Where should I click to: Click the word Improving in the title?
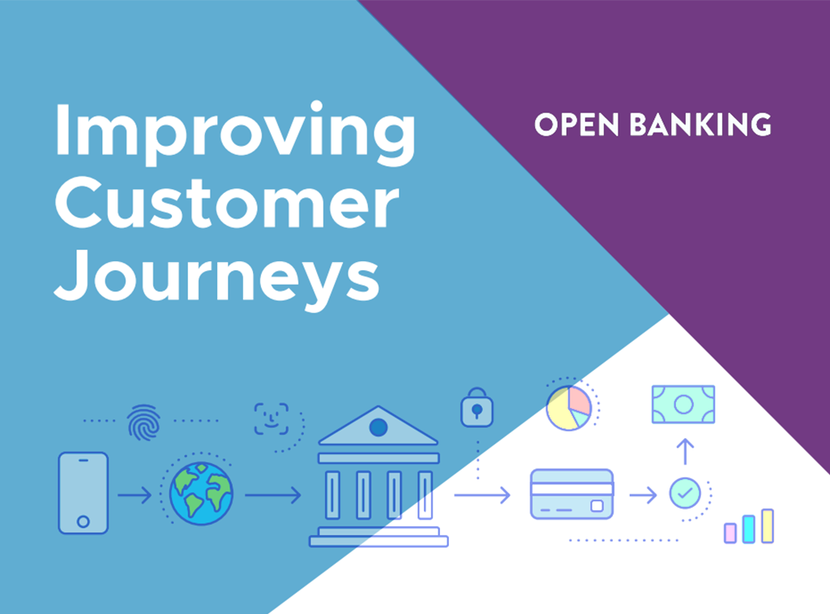(235, 133)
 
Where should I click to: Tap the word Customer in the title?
(227, 203)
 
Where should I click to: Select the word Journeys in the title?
(217, 277)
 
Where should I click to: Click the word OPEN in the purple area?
(576, 125)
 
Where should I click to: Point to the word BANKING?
(700, 125)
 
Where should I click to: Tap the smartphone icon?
(83, 492)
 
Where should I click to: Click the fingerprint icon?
(143, 423)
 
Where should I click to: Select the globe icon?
(201, 493)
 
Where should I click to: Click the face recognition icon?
(272, 419)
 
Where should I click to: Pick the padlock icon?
(477, 407)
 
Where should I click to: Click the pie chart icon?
(569, 408)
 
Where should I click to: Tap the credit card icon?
(572, 494)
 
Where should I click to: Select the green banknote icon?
(683, 404)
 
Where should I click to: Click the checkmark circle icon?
(685, 493)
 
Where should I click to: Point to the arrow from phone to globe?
(135, 496)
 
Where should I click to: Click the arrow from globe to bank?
(273, 496)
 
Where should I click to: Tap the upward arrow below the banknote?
(686, 452)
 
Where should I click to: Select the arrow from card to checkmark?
(643, 496)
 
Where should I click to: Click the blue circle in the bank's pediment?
(379, 427)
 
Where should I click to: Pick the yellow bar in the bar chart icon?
(768, 526)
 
